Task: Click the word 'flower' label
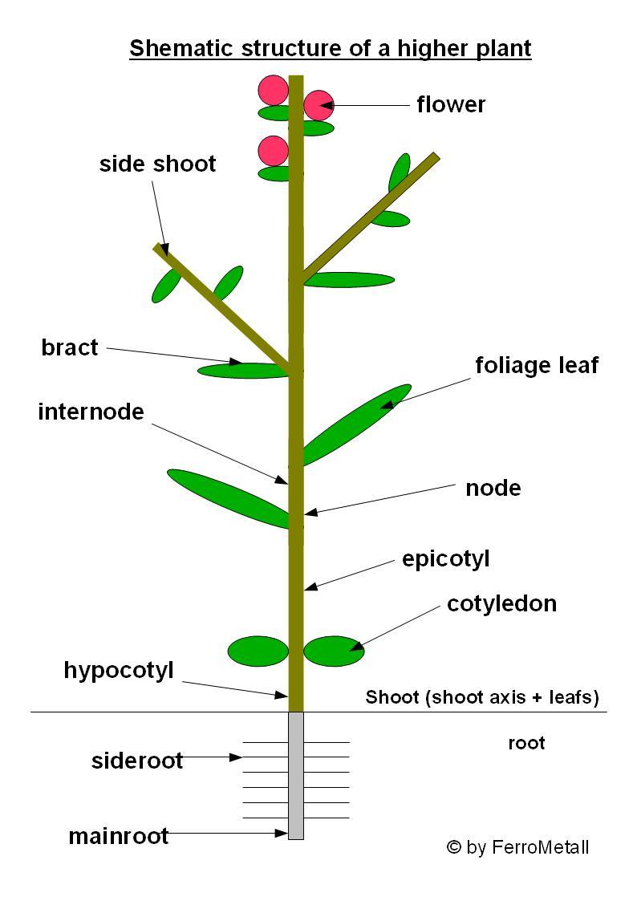click(451, 104)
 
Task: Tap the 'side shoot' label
click(157, 164)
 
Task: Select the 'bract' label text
click(70, 347)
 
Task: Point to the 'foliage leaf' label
click(537, 365)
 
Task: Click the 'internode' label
click(91, 412)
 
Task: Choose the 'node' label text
click(493, 488)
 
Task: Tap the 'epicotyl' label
click(445, 558)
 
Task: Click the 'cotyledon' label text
click(501, 603)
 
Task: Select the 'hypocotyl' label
click(119, 671)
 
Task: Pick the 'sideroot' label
click(136, 760)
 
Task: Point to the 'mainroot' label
click(118, 835)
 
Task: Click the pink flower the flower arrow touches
click(318, 105)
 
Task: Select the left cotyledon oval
click(258, 651)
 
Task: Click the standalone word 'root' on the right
click(526, 743)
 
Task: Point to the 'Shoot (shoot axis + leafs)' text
click(482, 697)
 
